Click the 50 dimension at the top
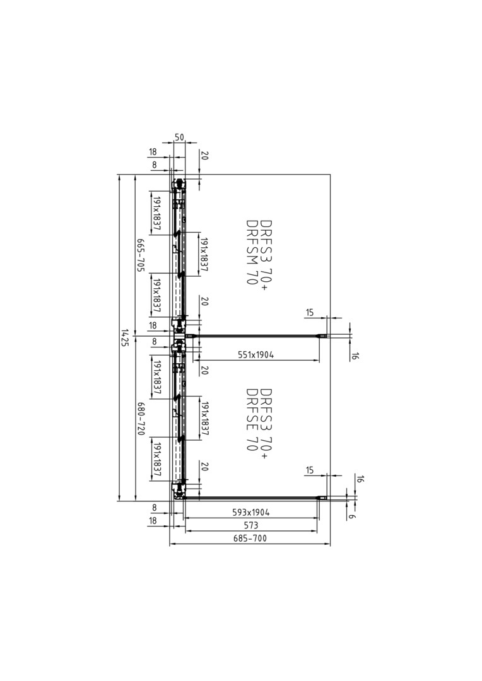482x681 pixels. (x=179, y=137)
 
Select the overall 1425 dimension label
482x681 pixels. (x=125, y=337)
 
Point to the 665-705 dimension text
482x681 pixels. (x=141, y=255)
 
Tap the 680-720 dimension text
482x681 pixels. (x=141, y=419)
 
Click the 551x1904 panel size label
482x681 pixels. (x=256, y=355)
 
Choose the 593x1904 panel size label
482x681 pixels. (x=251, y=513)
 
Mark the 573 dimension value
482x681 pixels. (x=251, y=525)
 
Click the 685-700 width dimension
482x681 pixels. (x=250, y=538)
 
